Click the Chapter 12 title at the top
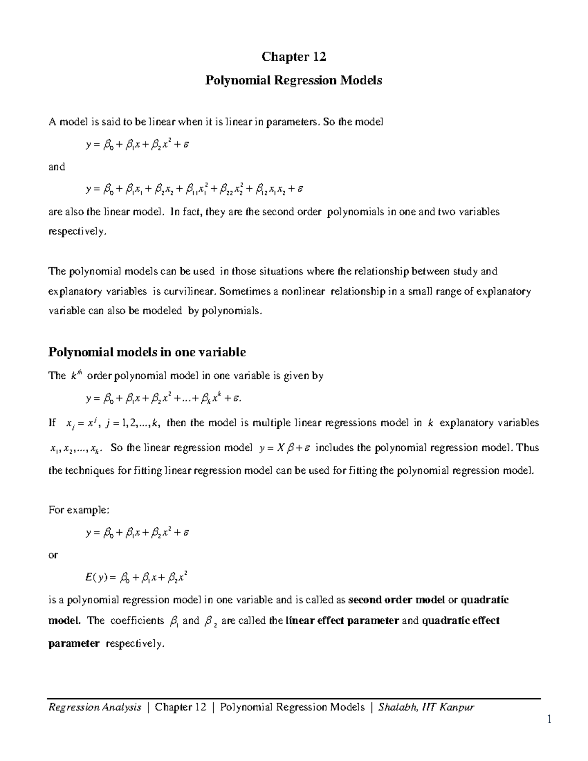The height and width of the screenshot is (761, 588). [294, 57]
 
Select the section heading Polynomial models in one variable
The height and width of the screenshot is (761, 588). [147, 352]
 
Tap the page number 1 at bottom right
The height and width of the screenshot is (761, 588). [549, 719]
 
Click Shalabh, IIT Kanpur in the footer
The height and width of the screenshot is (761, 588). [426, 707]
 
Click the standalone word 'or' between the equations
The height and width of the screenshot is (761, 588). [53, 555]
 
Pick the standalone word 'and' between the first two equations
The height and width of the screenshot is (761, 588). [56, 167]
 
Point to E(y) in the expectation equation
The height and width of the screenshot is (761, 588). [95, 578]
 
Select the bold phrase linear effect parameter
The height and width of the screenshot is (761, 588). [342, 620]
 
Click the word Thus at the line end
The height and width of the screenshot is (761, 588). [528, 447]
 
